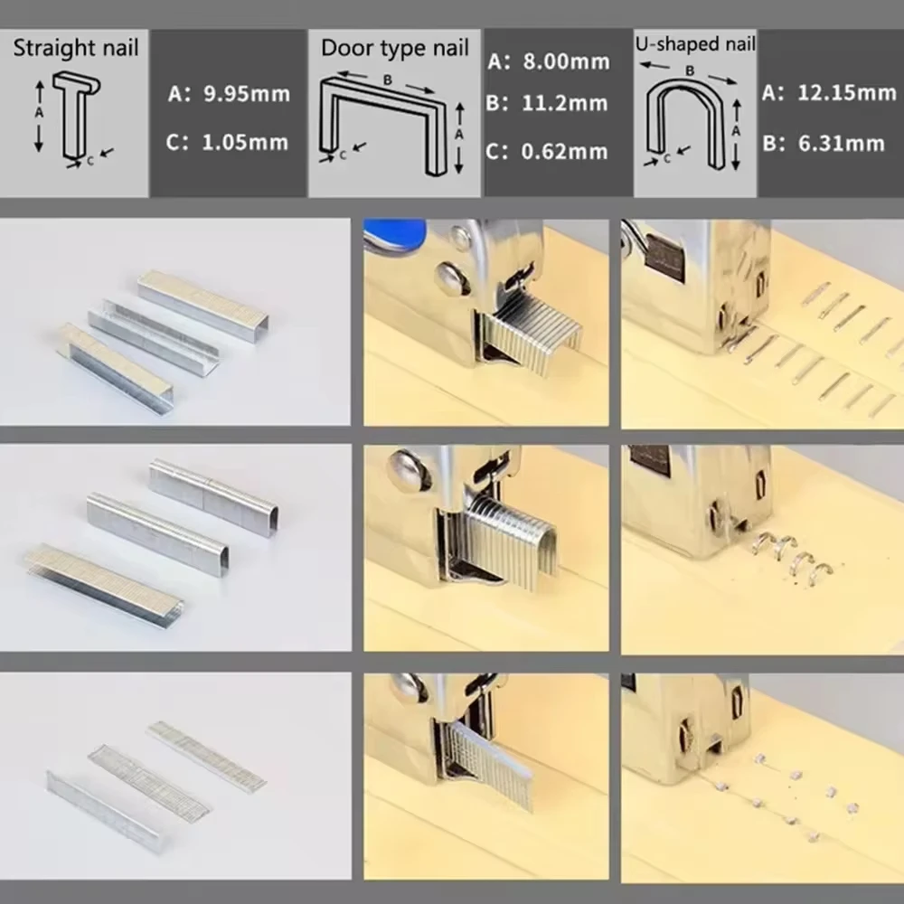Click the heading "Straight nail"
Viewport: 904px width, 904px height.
[76, 48]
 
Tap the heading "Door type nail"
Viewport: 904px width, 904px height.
[394, 48]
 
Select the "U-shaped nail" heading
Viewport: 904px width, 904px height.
[694, 43]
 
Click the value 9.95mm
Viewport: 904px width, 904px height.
[247, 93]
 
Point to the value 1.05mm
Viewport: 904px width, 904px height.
[245, 143]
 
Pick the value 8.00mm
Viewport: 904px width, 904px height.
[566, 61]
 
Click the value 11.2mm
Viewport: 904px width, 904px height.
[564, 103]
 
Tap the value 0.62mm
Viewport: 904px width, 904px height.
[564, 152]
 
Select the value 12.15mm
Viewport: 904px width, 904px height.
[847, 92]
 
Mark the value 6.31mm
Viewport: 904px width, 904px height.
[841, 143]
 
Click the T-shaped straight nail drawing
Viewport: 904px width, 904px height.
[77, 116]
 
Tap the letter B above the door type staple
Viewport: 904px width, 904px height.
[388, 80]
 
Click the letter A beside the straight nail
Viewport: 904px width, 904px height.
[39, 112]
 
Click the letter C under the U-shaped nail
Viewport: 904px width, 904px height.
[667, 158]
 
